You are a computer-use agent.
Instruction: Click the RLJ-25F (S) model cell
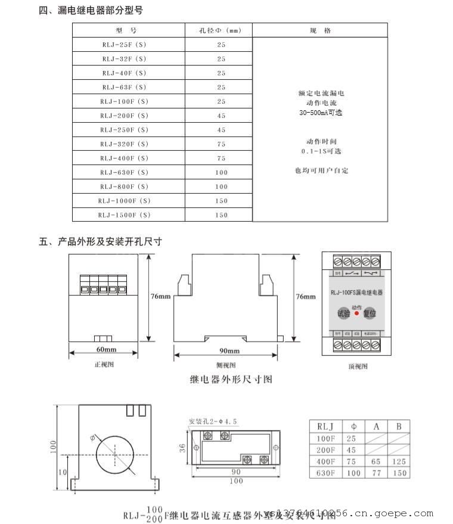[x=124, y=45]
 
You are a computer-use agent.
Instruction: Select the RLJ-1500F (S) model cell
[x=124, y=215]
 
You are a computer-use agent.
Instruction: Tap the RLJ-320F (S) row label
[x=124, y=144]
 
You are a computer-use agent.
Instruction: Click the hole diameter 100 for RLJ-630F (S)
[x=221, y=173]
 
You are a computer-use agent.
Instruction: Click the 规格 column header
[x=320, y=30]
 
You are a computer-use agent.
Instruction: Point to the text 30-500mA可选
[x=321, y=113]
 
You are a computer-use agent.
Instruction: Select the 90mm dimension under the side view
[x=229, y=351]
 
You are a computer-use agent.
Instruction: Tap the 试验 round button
[x=344, y=313]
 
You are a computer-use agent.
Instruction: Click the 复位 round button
[x=370, y=313]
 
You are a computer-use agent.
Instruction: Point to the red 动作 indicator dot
[x=356, y=313]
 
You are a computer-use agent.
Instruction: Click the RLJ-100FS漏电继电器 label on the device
[x=356, y=293]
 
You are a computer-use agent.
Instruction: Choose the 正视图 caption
[x=104, y=364]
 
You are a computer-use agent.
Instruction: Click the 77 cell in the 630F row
[x=376, y=473]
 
